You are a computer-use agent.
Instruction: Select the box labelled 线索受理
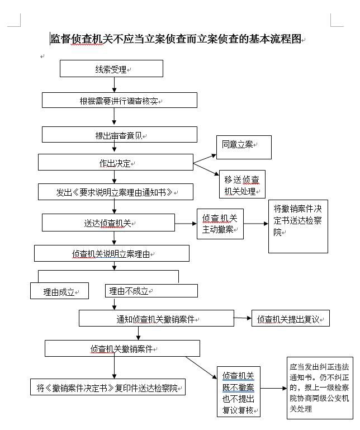tap(111, 69)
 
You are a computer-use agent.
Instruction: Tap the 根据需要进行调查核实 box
tap(119, 101)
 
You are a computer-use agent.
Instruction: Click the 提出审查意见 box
tap(119, 135)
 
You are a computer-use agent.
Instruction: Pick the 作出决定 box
tap(115, 163)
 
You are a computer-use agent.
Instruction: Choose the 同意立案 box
tap(239, 147)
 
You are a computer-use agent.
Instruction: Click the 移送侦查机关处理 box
tap(241, 185)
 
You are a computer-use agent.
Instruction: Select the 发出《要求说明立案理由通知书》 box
tap(115, 192)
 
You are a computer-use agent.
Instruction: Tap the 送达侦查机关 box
tap(108, 223)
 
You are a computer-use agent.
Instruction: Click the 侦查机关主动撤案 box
tap(220, 224)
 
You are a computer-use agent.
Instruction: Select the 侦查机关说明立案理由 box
tap(111, 253)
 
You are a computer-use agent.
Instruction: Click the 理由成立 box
tap(59, 291)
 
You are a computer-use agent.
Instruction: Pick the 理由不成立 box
tap(151, 291)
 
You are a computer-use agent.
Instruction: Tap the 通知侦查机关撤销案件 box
tap(155, 319)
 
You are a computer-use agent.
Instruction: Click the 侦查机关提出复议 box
tap(290, 319)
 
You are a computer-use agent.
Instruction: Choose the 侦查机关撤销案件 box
tap(122, 348)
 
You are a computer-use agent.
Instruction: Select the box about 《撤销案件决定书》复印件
tap(107, 388)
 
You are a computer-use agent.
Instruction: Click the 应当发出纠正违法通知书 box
tap(320, 388)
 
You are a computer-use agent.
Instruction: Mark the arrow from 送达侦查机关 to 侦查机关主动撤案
tap(186, 224)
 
